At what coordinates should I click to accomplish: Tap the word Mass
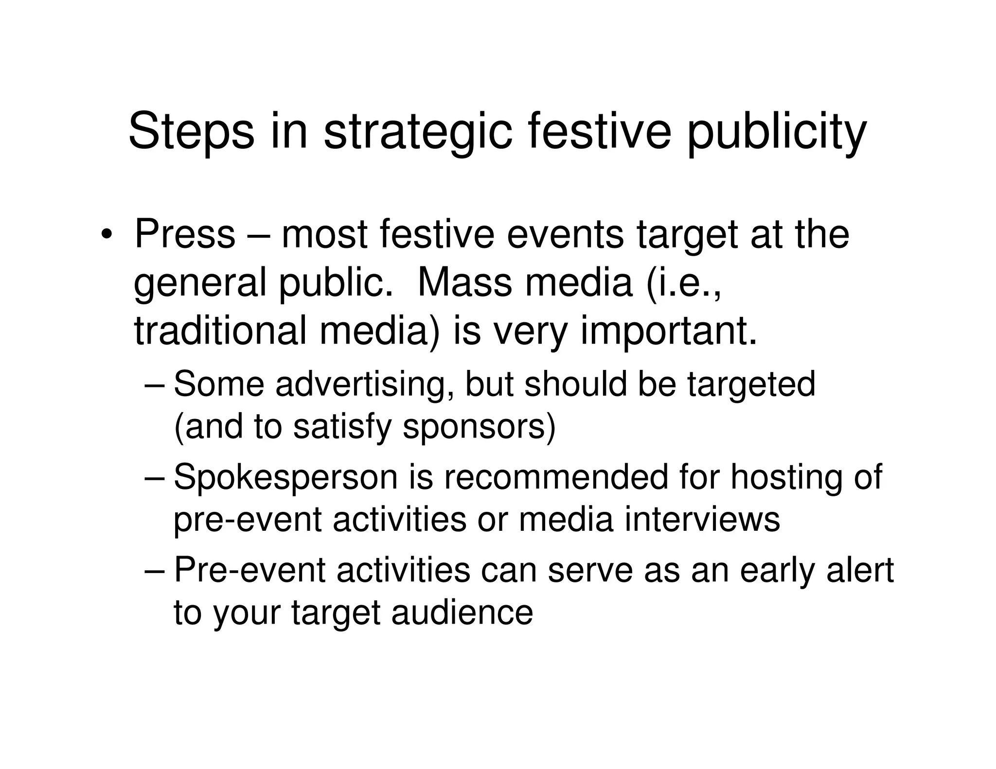click(x=464, y=283)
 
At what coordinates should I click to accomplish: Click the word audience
click(x=462, y=612)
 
